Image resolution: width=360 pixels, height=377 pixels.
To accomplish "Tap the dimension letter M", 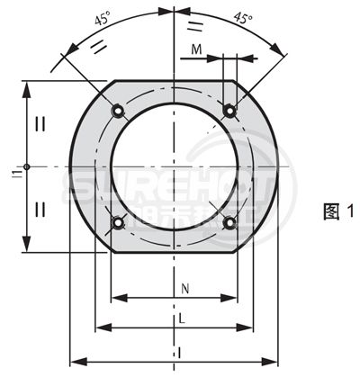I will [197, 50].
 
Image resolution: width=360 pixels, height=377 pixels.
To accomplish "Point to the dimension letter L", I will [183, 319].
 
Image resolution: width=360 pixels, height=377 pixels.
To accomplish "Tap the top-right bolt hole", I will [230, 110].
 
